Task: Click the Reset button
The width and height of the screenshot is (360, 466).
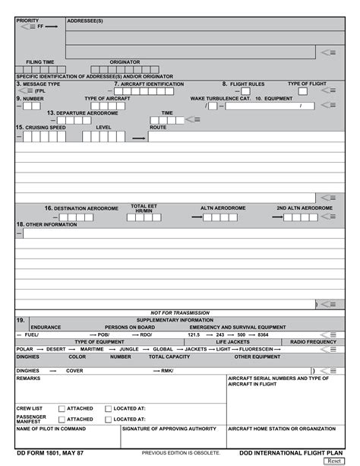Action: [x=333, y=461]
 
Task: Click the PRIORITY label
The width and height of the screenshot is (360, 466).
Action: [x=28, y=21]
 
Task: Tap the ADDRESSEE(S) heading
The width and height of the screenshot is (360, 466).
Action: [x=85, y=21]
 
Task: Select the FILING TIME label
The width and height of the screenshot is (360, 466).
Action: [x=40, y=62]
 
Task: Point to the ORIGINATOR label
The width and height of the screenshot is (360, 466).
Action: [x=125, y=62]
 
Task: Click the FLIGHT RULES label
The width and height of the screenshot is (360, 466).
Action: [x=247, y=84]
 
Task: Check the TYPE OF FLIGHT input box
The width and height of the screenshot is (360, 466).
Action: [x=302, y=91]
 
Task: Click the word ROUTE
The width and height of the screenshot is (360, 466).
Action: [x=158, y=128]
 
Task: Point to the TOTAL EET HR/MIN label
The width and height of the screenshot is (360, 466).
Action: [x=144, y=208]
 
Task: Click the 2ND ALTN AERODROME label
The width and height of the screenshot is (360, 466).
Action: [x=304, y=208]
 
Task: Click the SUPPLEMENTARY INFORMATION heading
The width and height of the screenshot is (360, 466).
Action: [x=175, y=320]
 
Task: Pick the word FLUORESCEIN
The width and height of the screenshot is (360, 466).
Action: [x=256, y=349]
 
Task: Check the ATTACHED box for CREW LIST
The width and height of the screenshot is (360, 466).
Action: [x=62, y=408]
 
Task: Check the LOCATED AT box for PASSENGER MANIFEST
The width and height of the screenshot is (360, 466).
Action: [x=109, y=419]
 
